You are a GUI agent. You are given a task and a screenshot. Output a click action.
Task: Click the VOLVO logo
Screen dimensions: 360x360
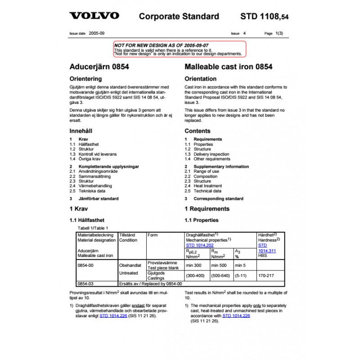click(94, 16)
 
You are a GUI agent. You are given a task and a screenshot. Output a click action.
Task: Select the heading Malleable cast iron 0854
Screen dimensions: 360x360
click(229, 67)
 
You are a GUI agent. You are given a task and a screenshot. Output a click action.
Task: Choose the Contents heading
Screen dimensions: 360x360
click(198, 131)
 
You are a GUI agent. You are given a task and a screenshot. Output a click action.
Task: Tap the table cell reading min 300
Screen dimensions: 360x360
click(194, 265)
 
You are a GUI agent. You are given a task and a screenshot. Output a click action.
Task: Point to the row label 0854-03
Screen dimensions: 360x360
click(85, 284)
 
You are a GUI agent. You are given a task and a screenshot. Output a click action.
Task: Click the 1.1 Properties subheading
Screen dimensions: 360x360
click(202, 220)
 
